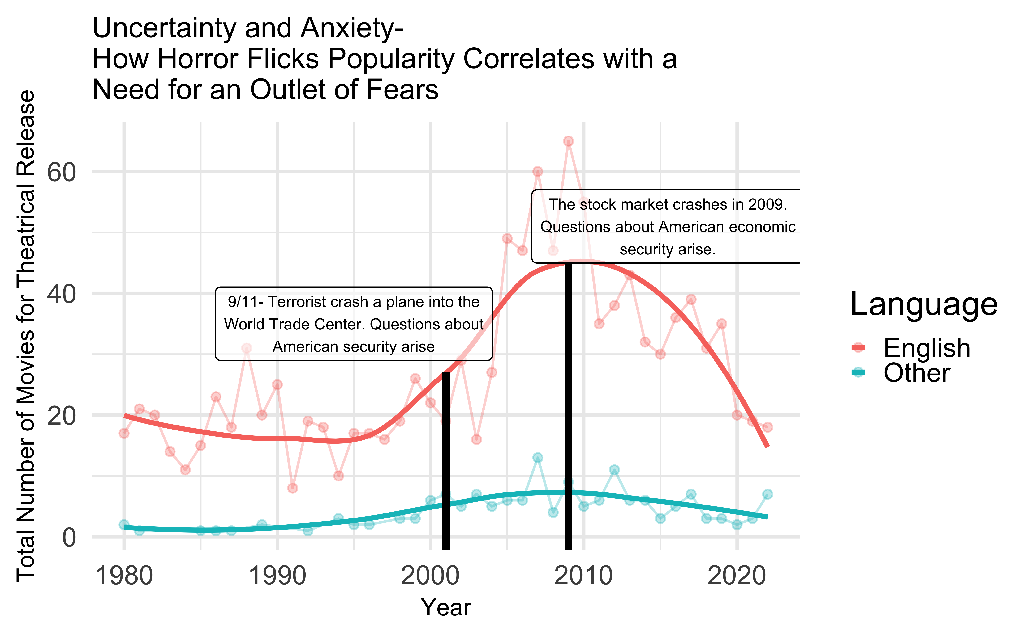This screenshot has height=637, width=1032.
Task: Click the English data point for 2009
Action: click(x=568, y=141)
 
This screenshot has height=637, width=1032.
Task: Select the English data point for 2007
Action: click(x=537, y=171)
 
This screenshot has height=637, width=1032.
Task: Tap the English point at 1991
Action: click(x=292, y=488)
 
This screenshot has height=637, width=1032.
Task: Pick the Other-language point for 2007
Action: click(x=537, y=458)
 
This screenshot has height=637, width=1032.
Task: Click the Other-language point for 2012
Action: click(x=614, y=470)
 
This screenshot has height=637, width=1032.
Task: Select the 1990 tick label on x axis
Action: click(x=277, y=576)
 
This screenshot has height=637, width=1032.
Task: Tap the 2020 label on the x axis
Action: click(x=736, y=576)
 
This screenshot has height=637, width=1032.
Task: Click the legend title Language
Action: click(x=924, y=304)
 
